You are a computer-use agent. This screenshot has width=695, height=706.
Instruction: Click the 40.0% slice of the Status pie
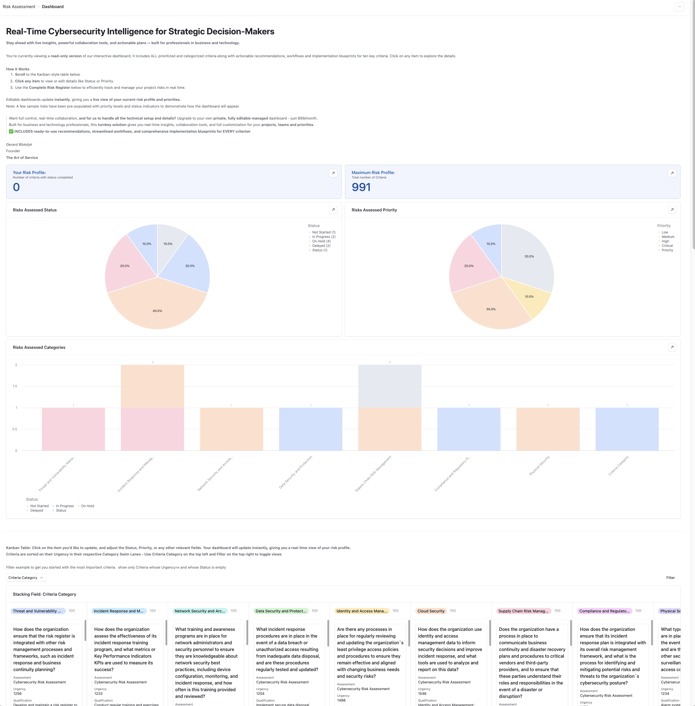(157, 307)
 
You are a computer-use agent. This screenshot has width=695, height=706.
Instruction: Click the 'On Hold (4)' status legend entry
(321, 241)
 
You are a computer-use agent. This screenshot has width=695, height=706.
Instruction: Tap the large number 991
(361, 187)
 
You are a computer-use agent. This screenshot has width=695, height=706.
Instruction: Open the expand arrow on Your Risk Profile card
(333, 173)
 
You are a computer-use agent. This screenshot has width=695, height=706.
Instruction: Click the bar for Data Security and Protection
(310, 429)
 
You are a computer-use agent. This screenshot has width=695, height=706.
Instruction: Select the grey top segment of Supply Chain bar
(389, 386)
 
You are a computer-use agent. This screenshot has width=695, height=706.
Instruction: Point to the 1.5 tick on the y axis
(15, 386)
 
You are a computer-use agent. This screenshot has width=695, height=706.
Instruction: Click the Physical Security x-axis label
(539, 466)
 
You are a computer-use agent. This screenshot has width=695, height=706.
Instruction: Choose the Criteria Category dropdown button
(26, 578)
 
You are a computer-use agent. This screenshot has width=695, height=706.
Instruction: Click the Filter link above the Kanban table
(670, 578)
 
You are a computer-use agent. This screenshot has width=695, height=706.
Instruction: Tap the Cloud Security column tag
(431, 611)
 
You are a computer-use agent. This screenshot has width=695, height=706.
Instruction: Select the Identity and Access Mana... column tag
(361, 611)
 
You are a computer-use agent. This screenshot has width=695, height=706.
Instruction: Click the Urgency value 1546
(422, 694)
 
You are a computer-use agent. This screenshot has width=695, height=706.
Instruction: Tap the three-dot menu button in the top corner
(679, 7)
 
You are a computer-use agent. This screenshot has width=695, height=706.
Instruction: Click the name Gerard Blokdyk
(19, 144)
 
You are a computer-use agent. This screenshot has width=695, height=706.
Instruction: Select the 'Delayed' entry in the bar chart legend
(37, 511)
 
